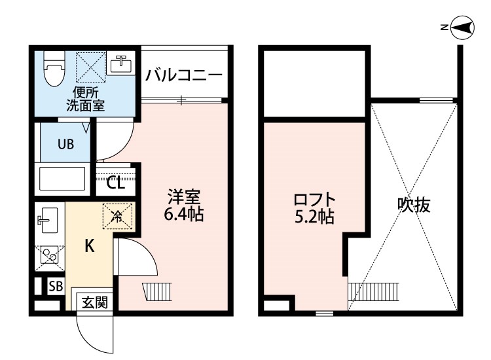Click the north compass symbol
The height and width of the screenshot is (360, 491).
pyautogui.click(x=462, y=27)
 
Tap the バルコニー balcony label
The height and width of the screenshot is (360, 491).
pyautogui.click(x=184, y=73)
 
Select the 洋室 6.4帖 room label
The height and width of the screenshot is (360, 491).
pyautogui.click(x=184, y=205)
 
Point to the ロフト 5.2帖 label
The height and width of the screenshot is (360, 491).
pyautogui.click(x=314, y=207)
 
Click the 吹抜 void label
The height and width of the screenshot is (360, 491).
pyautogui.click(x=414, y=205)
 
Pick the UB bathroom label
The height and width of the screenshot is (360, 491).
pyautogui.click(x=65, y=144)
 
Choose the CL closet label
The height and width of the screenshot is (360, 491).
pyautogui.click(x=116, y=183)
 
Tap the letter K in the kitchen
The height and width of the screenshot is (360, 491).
pyautogui.click(x=90, y=246)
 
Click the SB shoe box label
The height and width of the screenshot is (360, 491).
pyautogui.click(x=56, y=286)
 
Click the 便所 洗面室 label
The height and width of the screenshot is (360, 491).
pyautogui.click(x=85, y=98)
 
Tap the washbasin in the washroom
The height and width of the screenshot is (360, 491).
pyautogui.click(x=120, y=64)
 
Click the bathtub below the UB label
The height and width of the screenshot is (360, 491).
pyautogui.click(x=63, y=178)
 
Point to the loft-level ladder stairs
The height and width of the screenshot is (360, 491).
pyautogui.click(x=374, y=291)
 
